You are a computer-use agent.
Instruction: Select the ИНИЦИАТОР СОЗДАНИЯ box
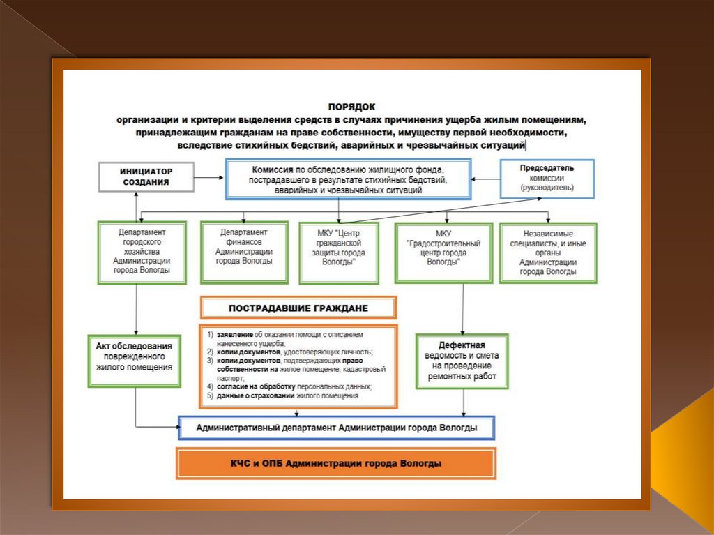coord(146,176)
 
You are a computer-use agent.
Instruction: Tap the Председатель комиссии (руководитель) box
coord(547,178)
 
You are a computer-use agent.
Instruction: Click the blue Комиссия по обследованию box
coord(348,179)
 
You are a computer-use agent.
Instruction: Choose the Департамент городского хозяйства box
coord(142,252)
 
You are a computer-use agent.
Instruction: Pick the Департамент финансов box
coord(244,252)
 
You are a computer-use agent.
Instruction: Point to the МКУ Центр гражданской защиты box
coord(339,252)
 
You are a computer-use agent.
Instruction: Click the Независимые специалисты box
coord(548,252)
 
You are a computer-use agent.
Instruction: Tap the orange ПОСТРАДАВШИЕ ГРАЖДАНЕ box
coord(298,308)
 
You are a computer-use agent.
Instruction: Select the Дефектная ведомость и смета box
coord(462,361)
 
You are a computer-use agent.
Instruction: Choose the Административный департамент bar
coord(337,428)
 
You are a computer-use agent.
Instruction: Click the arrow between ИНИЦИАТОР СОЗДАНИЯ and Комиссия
coord(208,179)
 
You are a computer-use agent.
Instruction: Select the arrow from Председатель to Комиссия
coord(485,179)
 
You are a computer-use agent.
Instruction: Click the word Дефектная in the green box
coord(462,345)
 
